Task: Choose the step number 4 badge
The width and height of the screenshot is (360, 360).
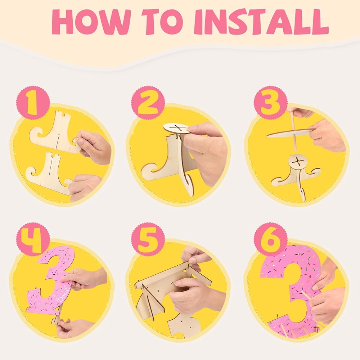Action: coord(33,239)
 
